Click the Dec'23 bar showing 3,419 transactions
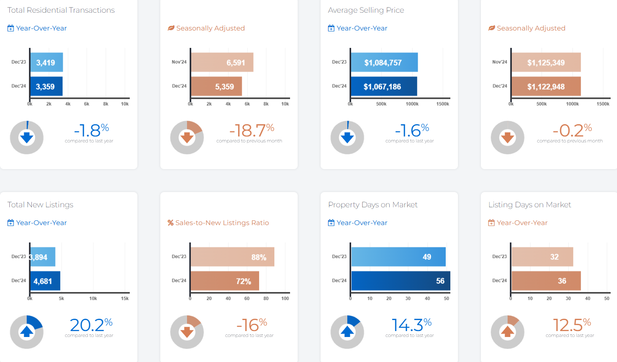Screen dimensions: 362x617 click(46, 62)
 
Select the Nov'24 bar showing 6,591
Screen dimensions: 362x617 click(222, 62)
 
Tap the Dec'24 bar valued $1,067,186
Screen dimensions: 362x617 click(384, 86)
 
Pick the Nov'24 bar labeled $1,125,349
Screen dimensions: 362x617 click(546, 62)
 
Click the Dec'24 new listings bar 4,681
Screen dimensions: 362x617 click(45, 281)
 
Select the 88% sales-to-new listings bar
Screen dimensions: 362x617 click(232, 257)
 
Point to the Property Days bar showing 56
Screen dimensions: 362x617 click(400, 281)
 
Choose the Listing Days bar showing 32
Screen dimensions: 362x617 click(542, 257)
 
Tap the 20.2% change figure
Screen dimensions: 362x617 click(91, 325)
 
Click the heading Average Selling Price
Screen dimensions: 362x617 click(366, 10)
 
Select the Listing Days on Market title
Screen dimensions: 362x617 click(530, 205)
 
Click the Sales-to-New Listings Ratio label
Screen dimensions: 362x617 click(222, 223)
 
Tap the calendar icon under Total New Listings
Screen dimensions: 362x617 click(11, 223)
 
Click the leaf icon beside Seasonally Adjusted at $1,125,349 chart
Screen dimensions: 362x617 click(491, 28)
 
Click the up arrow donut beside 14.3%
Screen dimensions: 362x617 click(347, 332)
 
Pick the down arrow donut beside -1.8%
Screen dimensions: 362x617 click(27, 137)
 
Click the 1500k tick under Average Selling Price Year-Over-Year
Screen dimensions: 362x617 click(442, 104)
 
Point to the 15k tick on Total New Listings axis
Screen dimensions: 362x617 click(125, 298)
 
